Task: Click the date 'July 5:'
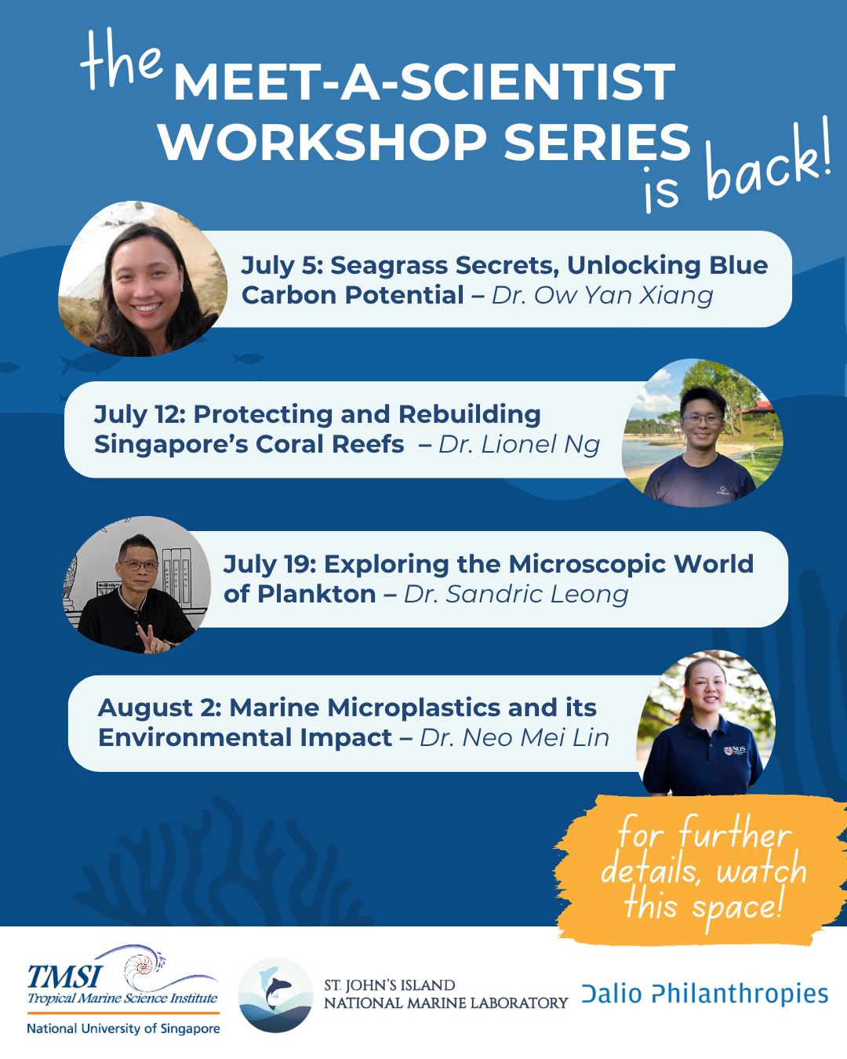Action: tap(282, 266)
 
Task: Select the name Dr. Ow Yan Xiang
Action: tap(602, 296)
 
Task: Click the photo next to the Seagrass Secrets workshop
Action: tap(143, 278)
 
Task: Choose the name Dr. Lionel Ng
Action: tap(519, 444)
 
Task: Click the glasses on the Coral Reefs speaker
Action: tap(703, 419)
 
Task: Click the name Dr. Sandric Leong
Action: tap(516, 594)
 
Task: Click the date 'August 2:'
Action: tap(160, 709)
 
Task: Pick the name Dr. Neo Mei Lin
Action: tap(514, 737)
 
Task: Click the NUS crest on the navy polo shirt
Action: tap(728, 751)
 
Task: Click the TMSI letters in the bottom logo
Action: tap(64, 977)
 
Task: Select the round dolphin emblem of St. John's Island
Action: tap(275, 995)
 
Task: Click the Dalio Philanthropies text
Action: tap(705, 994)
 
